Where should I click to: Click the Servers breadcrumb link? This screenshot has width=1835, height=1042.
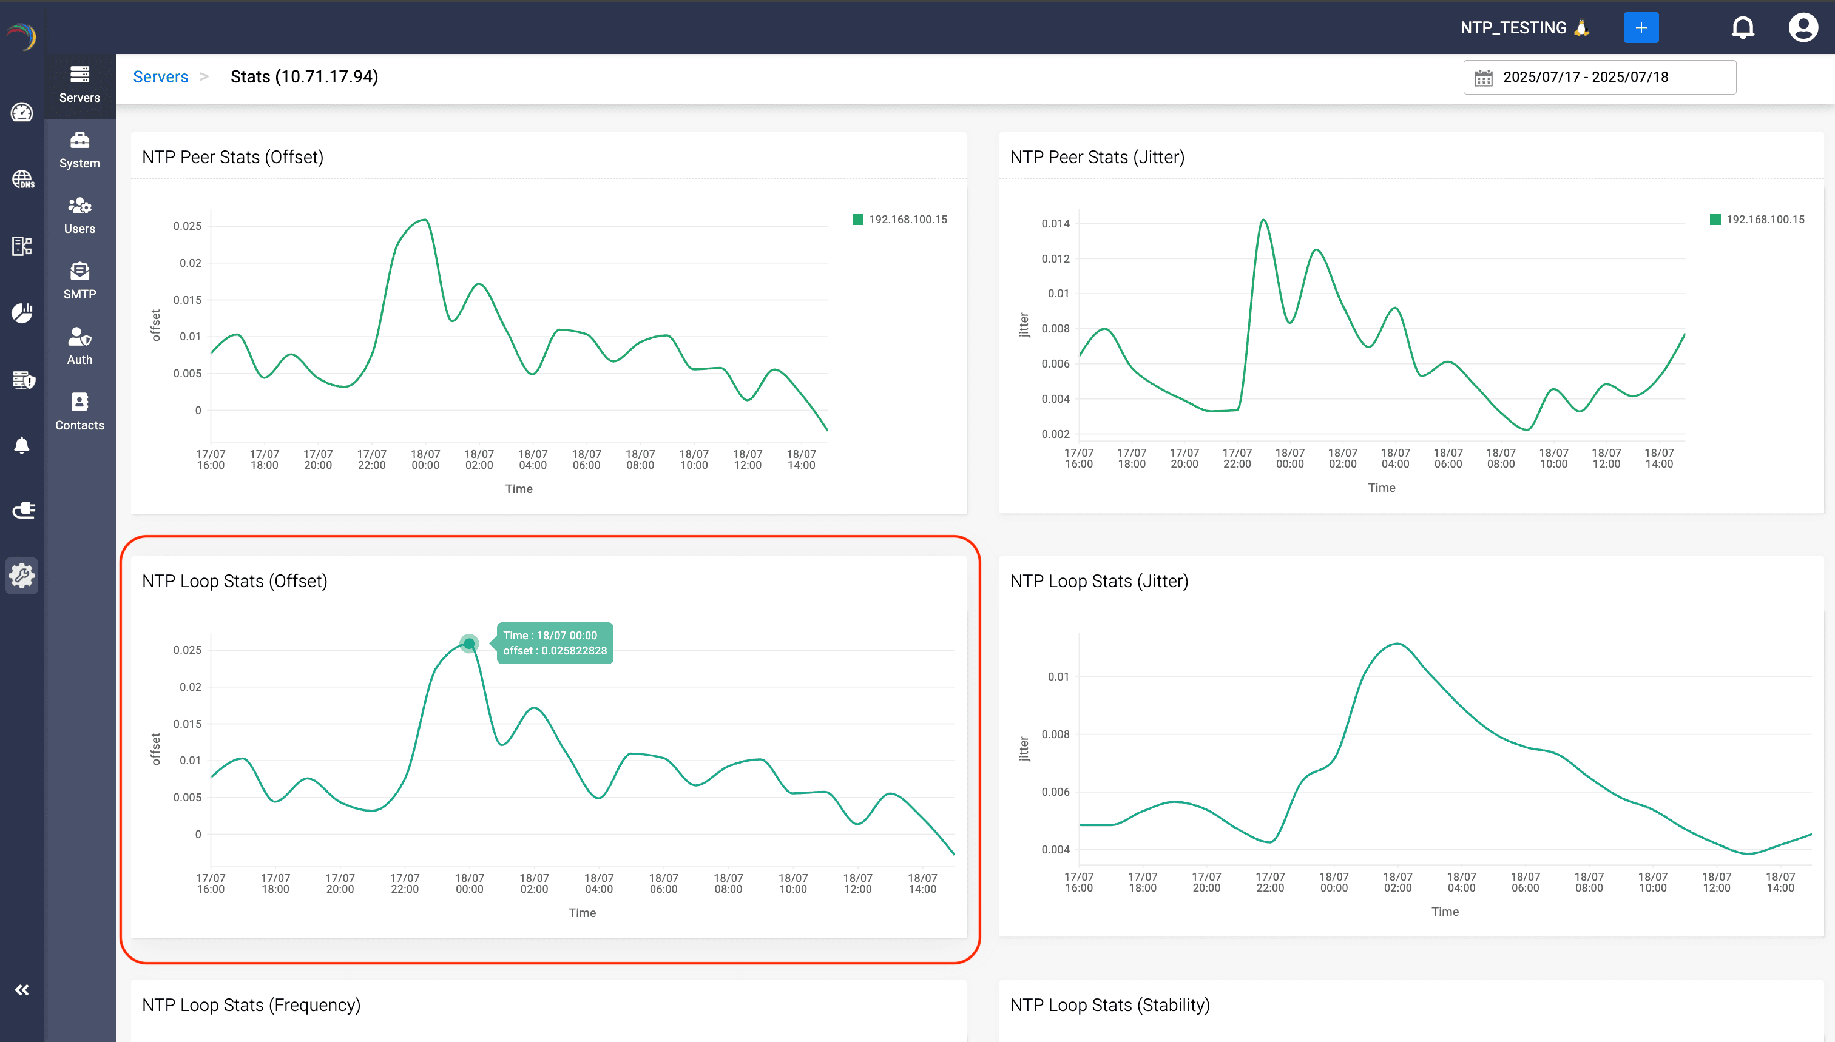160,76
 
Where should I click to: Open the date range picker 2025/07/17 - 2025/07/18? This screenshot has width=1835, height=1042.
1599,77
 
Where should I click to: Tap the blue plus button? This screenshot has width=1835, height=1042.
1640,28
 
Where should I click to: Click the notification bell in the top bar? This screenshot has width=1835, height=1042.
1743,28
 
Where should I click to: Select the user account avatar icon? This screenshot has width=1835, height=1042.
1802,28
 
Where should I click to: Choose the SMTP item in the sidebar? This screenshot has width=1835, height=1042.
79,280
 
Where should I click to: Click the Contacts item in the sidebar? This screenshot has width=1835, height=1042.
79,411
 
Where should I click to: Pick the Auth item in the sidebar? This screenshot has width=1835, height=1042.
79,346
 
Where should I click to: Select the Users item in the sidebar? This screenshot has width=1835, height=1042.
79,215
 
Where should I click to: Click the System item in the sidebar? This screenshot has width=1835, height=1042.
79,150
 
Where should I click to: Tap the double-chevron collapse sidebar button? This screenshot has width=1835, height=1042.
21,990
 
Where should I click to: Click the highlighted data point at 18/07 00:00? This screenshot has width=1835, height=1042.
469,644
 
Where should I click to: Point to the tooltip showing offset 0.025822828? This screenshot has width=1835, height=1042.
555,643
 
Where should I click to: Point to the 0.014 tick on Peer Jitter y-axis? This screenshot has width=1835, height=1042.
1055,224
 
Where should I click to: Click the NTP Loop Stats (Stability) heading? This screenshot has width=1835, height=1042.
1110,1005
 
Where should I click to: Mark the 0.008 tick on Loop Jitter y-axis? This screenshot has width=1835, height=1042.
1055,734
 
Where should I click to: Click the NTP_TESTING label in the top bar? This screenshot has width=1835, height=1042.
1513,28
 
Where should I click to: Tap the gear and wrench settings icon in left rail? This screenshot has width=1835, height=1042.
21,576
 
